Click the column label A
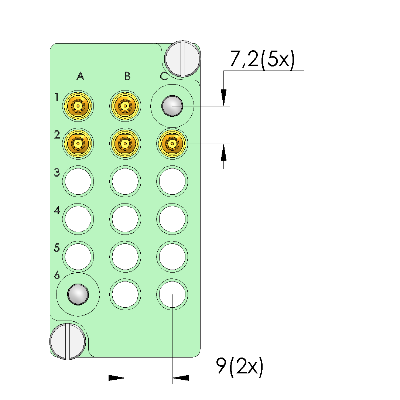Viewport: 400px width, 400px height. [x=81, y=76]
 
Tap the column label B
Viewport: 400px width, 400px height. [x=127, y=76]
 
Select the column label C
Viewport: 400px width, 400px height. [x=164, y=76]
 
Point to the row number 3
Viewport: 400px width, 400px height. [x=57, y=172]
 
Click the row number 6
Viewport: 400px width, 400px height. [x=57, y=275]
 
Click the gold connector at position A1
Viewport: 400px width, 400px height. [x=78, y=106]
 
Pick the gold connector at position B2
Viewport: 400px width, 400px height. [x=125, y=143]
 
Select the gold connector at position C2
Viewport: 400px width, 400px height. [x=172, y=144]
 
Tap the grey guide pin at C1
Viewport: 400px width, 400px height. [x=172, y=106]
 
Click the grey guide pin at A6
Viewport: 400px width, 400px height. [x=78, y=294]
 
